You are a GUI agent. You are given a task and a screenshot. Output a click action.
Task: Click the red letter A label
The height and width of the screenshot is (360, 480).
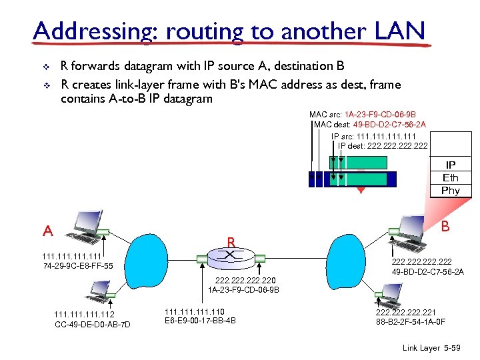47,231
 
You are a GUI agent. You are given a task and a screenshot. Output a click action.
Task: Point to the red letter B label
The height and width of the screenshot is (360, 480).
445,227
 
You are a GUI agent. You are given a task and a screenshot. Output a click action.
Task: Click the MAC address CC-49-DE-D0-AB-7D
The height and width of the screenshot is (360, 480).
92,325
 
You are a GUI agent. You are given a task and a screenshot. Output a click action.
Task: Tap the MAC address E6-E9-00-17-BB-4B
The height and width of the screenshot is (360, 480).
200,321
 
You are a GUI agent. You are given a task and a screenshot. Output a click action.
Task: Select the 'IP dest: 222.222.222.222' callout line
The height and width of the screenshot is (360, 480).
383,145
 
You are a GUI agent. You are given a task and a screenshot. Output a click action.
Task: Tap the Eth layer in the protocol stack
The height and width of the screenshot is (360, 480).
451,178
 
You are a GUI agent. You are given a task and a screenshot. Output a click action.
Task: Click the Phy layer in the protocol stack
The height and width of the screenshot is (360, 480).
451,191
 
